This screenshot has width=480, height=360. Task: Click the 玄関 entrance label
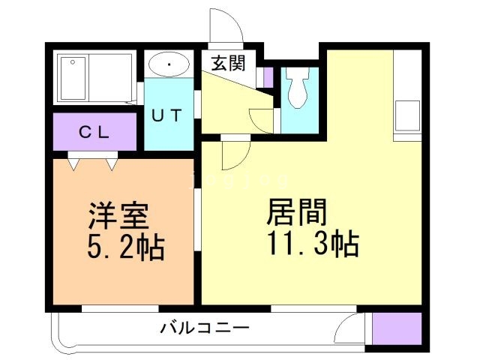[228, 64]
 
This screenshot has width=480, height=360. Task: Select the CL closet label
[95, 133]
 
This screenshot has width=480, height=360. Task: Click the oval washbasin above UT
[169, 65]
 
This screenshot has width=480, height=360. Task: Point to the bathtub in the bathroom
[75, 77]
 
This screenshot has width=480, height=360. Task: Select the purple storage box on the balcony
[397, 328]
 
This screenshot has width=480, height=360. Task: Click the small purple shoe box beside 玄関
[268, 76]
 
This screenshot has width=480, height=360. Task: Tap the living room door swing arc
[233, 154]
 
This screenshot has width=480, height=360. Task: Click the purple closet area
[94, 133]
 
